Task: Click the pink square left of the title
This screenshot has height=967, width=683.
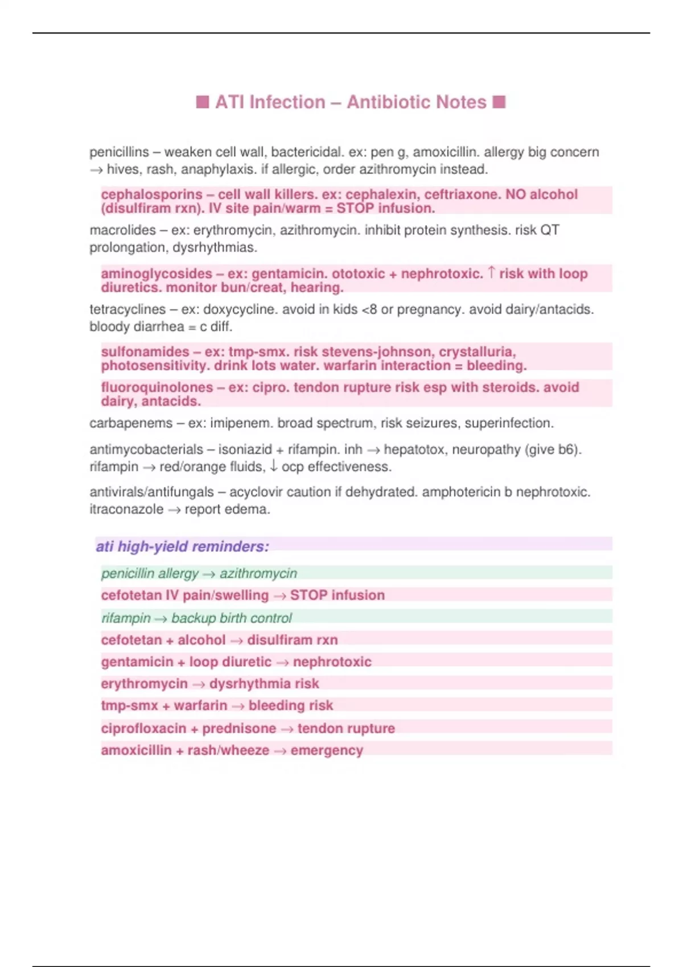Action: [x=202, y=102]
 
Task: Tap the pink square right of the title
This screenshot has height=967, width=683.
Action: [x=499, y=102]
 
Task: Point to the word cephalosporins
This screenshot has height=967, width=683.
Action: [x=151, y=195]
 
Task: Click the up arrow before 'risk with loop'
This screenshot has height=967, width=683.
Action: [x=492, y=273]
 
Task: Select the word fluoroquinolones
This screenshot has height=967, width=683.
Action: [x=157, y=387]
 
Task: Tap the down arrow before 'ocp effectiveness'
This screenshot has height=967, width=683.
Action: [x=274, y=466]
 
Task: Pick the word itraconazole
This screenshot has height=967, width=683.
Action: [x=126, y=509]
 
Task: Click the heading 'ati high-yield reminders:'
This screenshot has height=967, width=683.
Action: [x=182, y=547]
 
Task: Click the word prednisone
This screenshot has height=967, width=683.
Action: [x=239, y=729]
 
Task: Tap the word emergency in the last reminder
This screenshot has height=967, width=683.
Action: [x=327, y=750]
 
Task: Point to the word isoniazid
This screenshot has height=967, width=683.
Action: [x=245, y=449]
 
